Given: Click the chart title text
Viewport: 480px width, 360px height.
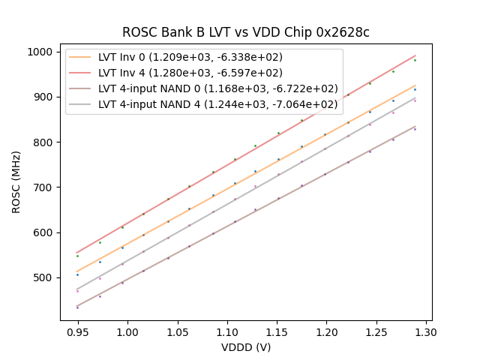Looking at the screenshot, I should pos(246,32).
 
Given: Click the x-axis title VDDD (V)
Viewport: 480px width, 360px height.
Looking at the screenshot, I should pos(246,347).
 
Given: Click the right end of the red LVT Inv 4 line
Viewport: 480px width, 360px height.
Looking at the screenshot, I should pos(415,55).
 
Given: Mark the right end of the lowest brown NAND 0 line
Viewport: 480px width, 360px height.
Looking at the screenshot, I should pos(415,126).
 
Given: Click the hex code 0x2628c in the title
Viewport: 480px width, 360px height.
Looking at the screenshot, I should pos(343,32).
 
